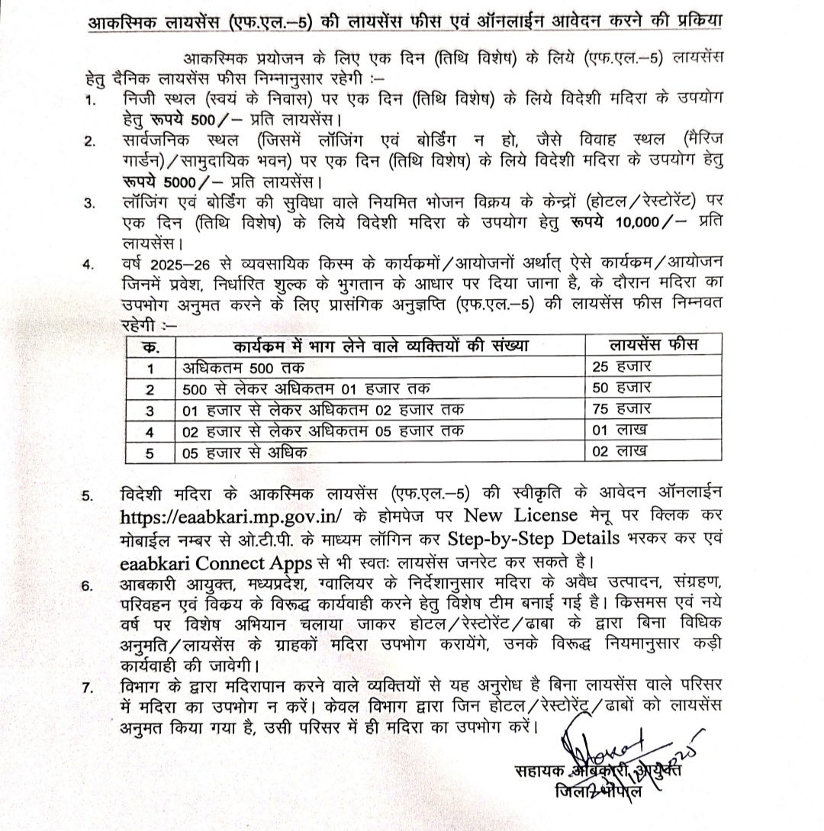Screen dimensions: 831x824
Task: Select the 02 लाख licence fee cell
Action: pyautogui.click(x=620, y=452)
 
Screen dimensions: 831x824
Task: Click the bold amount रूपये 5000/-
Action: pyautogui.click(x=175, y=183)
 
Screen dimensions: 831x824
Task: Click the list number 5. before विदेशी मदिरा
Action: pyautogui.click(x=90, y=495)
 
